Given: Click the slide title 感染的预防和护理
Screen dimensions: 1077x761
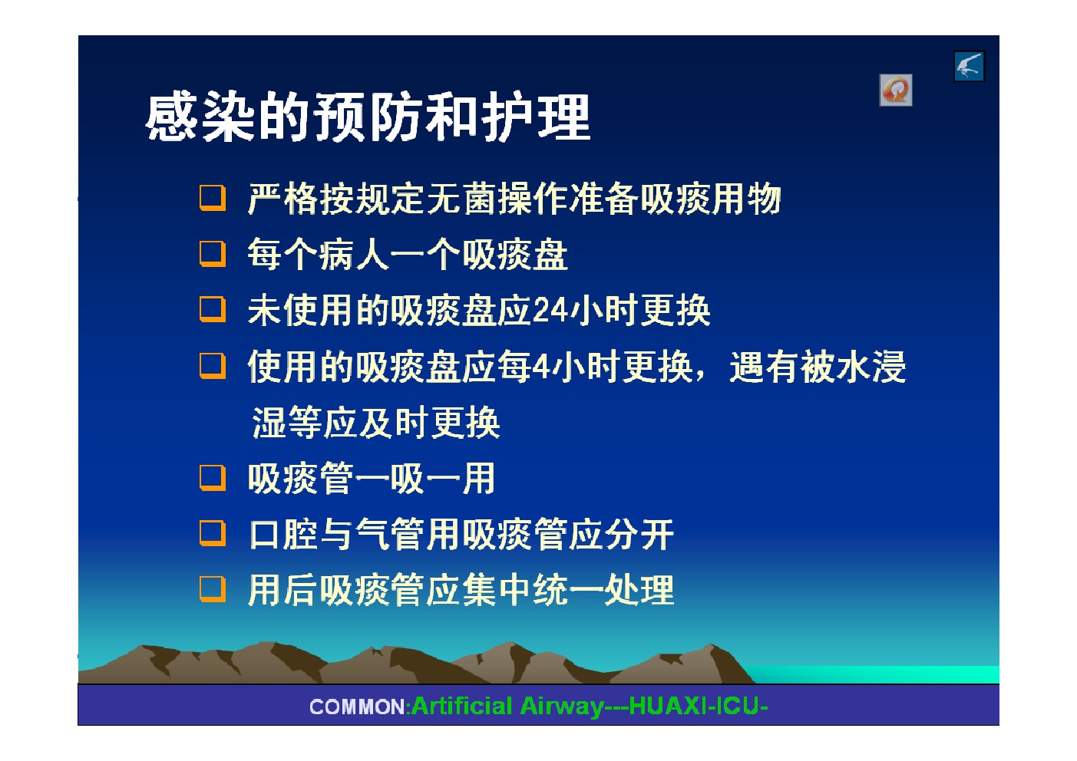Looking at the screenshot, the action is pos(368,117).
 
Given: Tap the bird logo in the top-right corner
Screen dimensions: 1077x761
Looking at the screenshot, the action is pos(970,66).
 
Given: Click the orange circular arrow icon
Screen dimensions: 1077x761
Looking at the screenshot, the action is pos(896,90).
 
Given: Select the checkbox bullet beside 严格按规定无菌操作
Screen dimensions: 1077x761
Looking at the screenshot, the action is pos(213,198).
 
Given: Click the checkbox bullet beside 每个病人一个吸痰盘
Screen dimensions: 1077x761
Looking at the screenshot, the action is pos(213,254).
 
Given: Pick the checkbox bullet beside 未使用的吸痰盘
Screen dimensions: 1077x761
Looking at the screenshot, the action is pos(213,309).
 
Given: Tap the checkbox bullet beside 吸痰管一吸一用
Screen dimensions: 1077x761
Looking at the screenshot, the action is pos(213,478).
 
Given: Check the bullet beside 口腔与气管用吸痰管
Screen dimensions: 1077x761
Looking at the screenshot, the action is pos(213,533).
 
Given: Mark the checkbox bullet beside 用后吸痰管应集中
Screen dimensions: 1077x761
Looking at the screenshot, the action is pos(213,589).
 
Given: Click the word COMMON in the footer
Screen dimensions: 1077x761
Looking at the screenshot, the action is pos(358,707).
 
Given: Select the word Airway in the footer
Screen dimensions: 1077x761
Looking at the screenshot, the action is pos(562,707).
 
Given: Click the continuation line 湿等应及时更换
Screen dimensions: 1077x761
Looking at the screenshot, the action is pos(376,423).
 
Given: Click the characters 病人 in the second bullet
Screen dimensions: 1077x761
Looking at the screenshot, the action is pos(353,255).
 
